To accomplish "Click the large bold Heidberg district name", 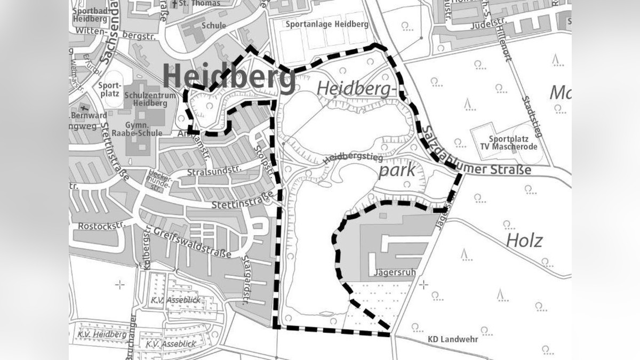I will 229,77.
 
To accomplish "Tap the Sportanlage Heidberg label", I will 327,25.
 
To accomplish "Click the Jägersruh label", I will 395,271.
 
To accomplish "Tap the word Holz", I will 524,241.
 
